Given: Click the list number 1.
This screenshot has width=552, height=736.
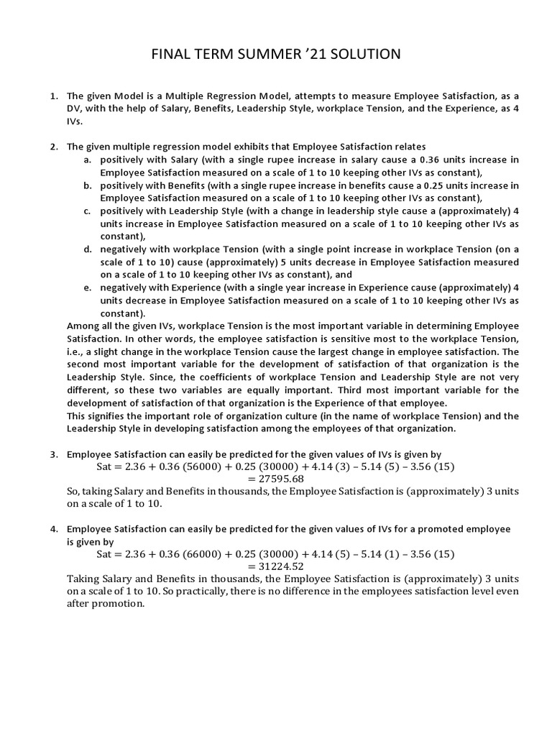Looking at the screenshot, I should [x=53, y=96].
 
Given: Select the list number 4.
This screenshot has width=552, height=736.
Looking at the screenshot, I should [x=53, y=529].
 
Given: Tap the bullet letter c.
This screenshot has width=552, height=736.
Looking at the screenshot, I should [x=86, y=211].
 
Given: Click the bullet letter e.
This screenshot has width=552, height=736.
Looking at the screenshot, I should [x=86, y=288].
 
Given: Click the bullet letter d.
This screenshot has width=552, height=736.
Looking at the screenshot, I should [x=86, y=249].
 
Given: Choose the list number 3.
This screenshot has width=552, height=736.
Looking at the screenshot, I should [x=53, y=454].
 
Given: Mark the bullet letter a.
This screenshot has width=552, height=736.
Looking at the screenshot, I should [x=86, y=160].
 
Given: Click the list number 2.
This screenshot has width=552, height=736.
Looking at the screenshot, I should [x=53, y=146].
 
